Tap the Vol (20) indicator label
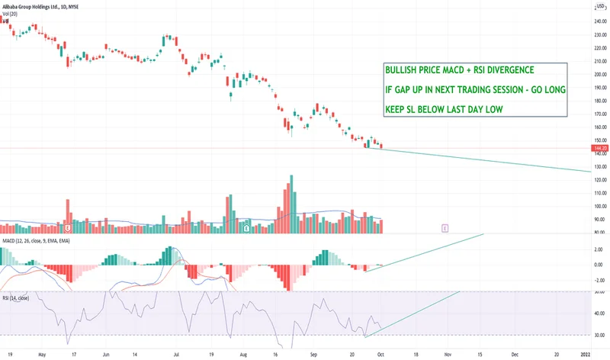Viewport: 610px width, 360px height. coord(11,13)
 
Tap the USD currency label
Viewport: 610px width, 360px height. coord(599,6)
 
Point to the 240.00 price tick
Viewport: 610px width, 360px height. coord(599,21)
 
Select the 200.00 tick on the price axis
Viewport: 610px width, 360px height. coord(599,75)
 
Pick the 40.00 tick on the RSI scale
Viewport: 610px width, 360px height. coord(599,313)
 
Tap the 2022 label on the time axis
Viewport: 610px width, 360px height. coord(586,354)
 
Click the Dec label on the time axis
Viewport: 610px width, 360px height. coord(515,354)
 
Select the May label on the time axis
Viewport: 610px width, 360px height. coord(40,354)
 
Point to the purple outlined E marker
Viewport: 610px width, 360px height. coord(445,227)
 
